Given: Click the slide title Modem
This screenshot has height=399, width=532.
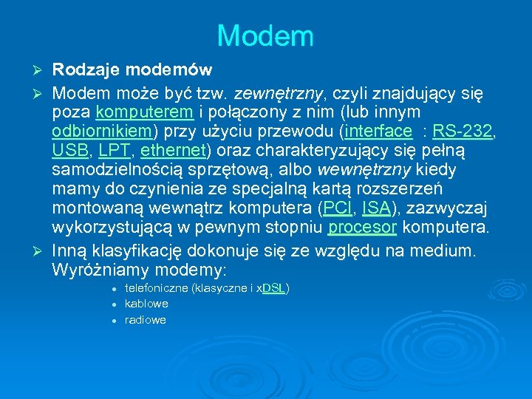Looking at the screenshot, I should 265,35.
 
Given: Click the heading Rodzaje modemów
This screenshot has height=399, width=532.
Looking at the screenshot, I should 132,70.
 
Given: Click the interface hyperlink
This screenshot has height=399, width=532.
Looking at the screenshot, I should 377,132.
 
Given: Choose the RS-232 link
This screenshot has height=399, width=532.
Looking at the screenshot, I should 463,132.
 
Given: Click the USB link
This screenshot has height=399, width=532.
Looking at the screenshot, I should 68,151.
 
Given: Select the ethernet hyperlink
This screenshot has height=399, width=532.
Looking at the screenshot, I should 173,151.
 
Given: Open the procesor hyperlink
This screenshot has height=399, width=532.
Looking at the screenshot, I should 364,228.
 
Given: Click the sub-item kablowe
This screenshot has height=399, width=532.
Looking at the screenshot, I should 146,304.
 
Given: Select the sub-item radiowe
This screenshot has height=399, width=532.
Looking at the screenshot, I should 146,320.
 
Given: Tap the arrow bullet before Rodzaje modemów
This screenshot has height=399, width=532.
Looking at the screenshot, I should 41,71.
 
